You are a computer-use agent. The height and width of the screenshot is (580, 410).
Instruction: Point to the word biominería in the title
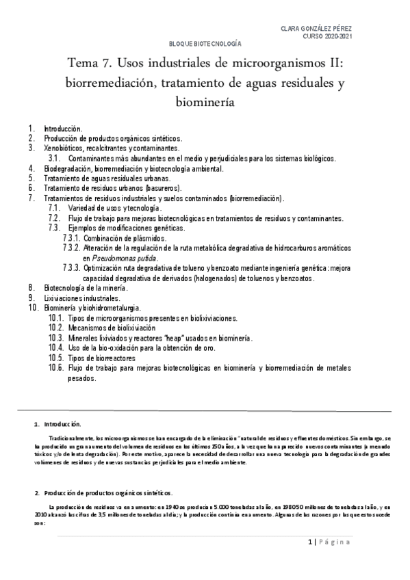pos(205,103)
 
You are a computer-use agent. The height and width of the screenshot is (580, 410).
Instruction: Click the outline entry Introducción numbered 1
pos(63,128)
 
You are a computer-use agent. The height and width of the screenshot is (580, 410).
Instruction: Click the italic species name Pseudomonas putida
pos(120,259)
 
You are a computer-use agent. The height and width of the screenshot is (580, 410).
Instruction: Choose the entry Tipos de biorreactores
pos(101,358)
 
